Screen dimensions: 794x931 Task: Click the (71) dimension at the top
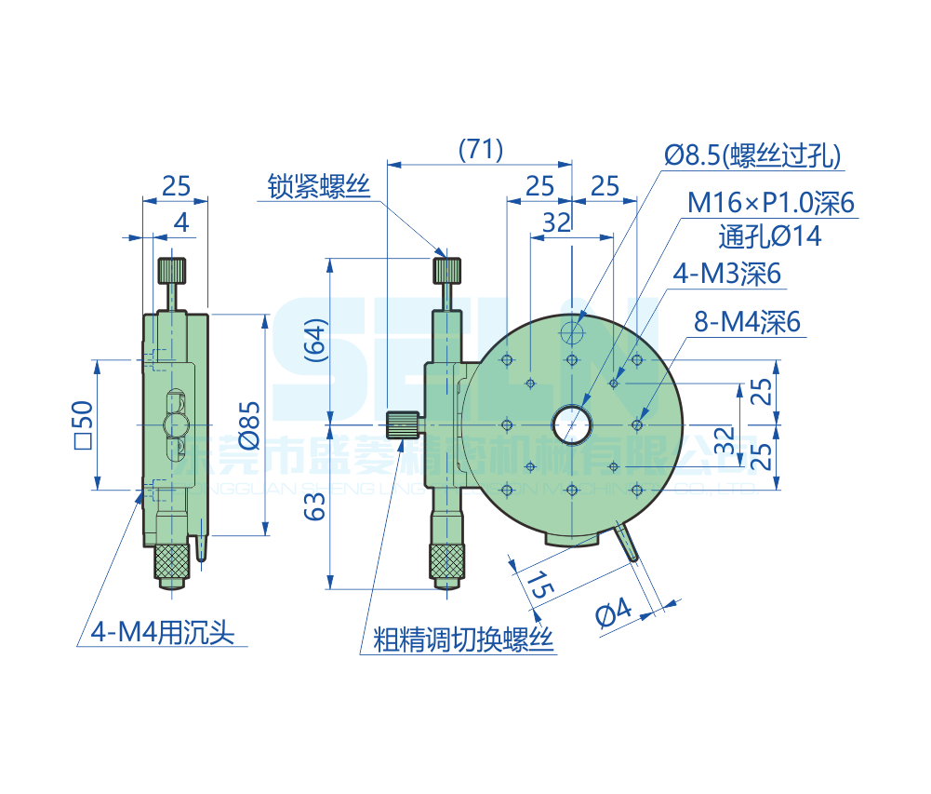pos(481,149)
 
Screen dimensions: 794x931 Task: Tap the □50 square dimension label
pos(82,424)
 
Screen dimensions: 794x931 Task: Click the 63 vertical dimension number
pos(316,506)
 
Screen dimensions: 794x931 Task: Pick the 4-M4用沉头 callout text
pos(162,634)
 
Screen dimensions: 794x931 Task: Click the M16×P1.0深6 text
pos(771,203)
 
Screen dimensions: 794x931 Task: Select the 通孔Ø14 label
pos(770,236)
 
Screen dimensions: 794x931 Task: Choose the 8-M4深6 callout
pos(747,323)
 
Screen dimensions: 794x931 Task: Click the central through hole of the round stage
pos(571,424)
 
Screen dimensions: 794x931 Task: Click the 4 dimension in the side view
pos(181,222)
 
